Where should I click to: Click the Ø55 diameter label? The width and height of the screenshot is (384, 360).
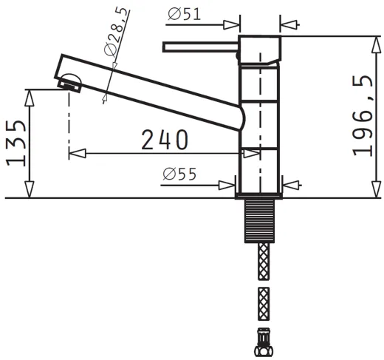tap(179, 174)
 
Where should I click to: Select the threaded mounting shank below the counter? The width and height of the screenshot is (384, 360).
tap(259, 221)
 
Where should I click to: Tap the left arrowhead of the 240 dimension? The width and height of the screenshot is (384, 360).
tap(73, 153)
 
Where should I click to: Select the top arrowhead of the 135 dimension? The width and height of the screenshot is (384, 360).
tap(30, 94)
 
